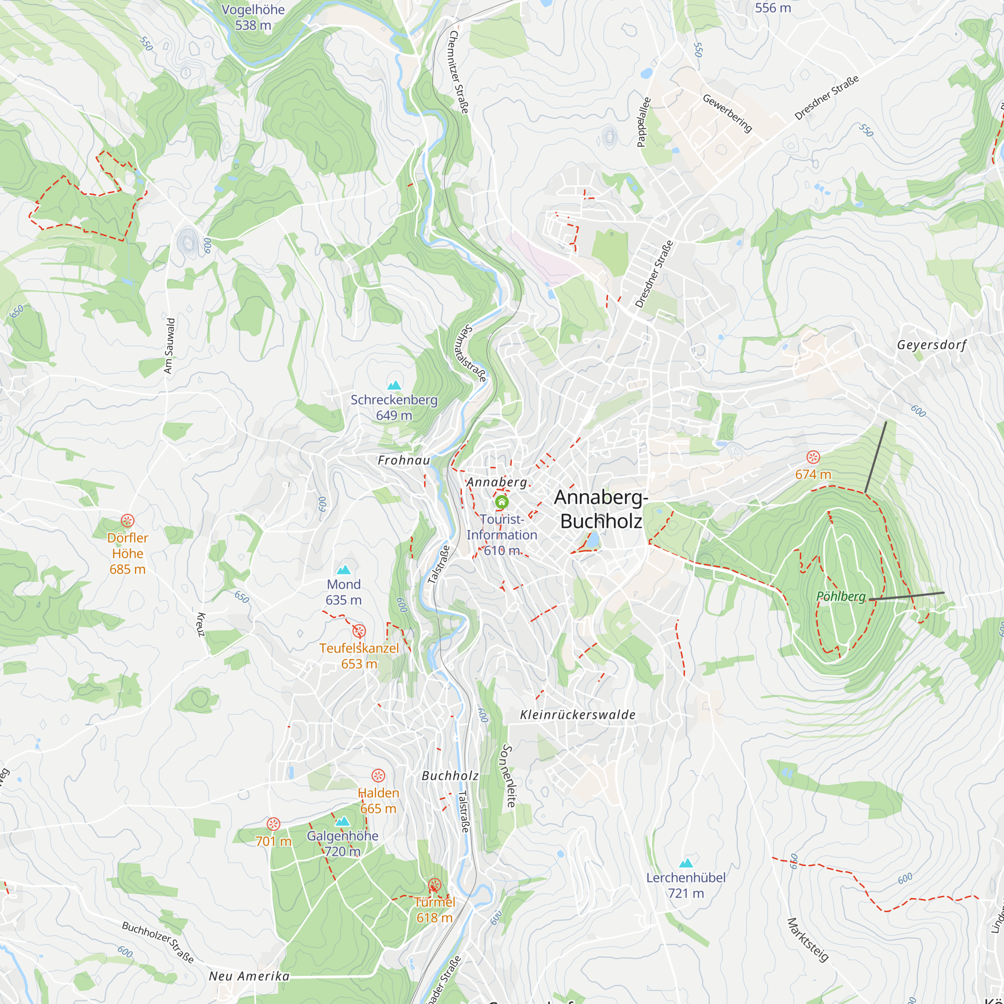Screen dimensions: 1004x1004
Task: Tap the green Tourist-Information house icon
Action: pos(501,502)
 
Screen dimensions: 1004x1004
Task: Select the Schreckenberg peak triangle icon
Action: pos(395,385)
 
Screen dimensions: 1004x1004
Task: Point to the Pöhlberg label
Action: pos(840,596)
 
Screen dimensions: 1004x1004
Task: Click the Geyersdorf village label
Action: pos(932,345)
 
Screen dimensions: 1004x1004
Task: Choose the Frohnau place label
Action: pos(404,460)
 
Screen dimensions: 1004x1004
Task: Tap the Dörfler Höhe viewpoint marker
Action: pos(128,521)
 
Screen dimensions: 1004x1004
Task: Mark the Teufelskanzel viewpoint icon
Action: pos(359,631)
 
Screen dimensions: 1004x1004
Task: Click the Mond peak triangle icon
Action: pos(343,570)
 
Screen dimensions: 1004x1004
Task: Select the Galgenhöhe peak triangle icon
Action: pos(342,821)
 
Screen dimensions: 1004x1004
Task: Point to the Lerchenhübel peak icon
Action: pos(686,863)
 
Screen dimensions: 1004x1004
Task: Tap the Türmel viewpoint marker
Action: pos(434,885)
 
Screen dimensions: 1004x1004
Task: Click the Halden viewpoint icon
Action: pos(379,776)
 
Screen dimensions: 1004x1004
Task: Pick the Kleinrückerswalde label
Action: pos(578,715)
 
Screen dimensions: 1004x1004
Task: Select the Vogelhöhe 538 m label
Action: pos(253,17)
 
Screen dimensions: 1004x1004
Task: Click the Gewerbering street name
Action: pos(727,113)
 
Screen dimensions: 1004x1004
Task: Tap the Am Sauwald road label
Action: pos(169,346)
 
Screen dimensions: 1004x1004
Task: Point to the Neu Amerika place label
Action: pos(249,976)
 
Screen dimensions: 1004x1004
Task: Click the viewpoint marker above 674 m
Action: pos(813,457)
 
